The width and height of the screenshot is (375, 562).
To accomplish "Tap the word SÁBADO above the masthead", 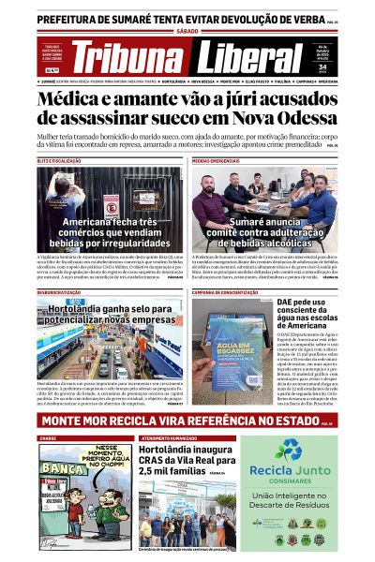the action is [x=187, y=30].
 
